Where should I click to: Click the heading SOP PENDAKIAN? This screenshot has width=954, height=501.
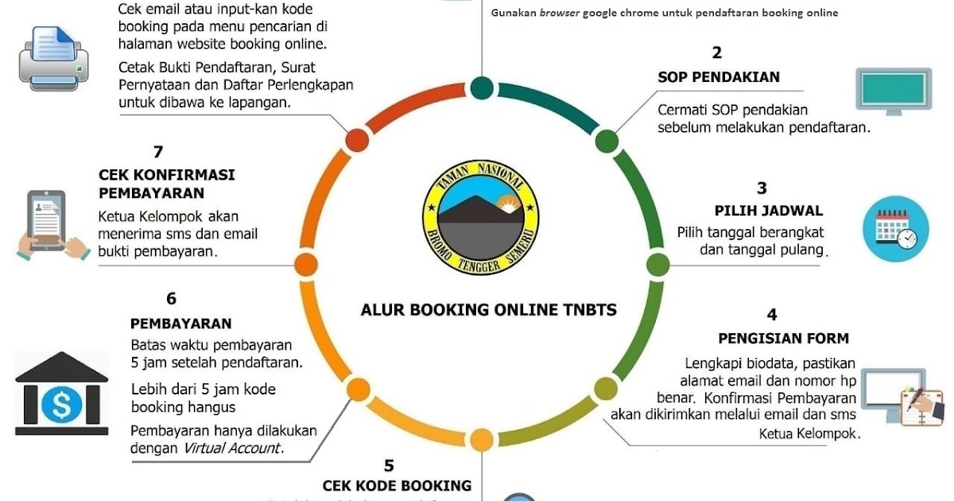[719, 77]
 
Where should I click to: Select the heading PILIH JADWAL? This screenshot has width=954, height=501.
[768, 211]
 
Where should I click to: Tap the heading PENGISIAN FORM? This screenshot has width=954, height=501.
[783, 338]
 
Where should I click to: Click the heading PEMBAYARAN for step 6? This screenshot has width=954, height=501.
[181, 324]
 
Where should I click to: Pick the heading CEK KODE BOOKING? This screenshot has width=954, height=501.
[397, 485]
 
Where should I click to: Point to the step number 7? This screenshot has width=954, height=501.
[157, 151]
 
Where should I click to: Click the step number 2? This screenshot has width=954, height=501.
[717, 53]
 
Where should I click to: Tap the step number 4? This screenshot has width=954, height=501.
[772, 315]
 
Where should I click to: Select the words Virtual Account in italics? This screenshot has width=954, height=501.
[233, 448]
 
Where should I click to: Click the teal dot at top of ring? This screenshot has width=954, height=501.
[482, 87]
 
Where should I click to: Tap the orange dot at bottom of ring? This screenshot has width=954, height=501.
[482, 439]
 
